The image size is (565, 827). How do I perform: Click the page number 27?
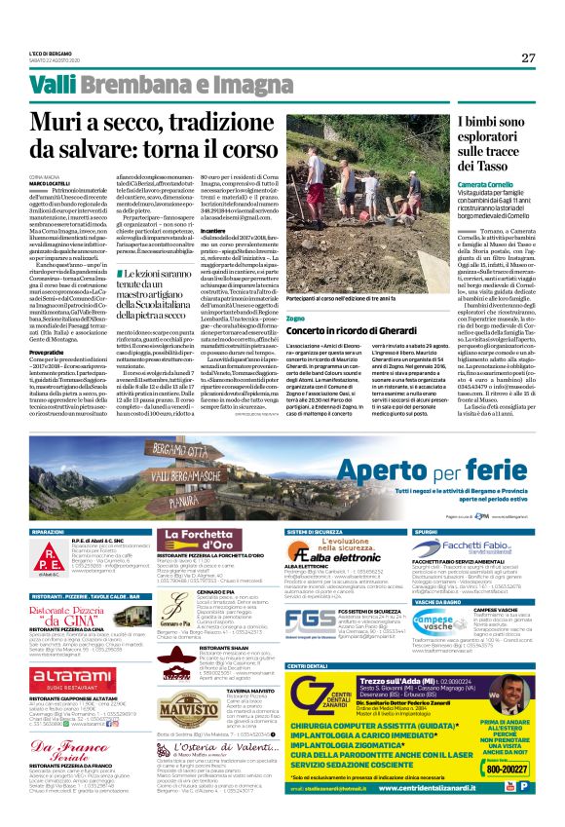click(x=528, y=57)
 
